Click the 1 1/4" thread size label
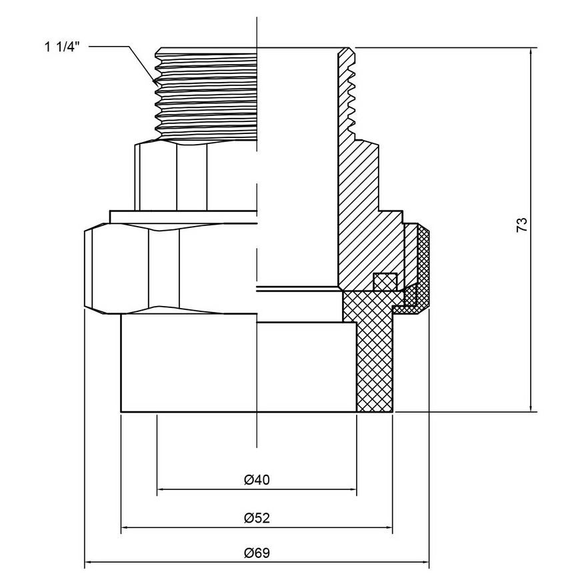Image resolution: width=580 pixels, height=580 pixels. [62, 47]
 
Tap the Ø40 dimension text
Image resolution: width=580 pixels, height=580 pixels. [257, 480]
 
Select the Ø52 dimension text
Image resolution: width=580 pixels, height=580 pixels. [257, 518]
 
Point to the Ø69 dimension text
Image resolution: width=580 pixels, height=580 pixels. [257, 553]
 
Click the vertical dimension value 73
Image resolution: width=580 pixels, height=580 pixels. [521, 225]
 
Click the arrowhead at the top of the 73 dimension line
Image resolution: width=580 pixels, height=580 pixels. [531, 51]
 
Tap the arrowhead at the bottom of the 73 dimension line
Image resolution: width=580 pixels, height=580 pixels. [531, 407]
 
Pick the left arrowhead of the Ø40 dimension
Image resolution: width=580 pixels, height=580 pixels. [161, 489]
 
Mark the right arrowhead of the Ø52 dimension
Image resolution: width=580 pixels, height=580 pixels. [389, 527]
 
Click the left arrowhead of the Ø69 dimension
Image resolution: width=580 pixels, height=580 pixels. [89, 563]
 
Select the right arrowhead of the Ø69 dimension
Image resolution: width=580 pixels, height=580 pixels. [425, 563]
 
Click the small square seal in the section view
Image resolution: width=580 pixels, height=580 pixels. [385, 282]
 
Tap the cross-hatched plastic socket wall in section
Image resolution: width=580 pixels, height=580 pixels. [375, 366]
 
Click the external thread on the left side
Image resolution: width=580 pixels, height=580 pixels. [205, 94]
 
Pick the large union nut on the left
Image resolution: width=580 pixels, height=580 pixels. [170, 269]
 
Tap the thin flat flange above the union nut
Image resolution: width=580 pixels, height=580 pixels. [183, 217]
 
